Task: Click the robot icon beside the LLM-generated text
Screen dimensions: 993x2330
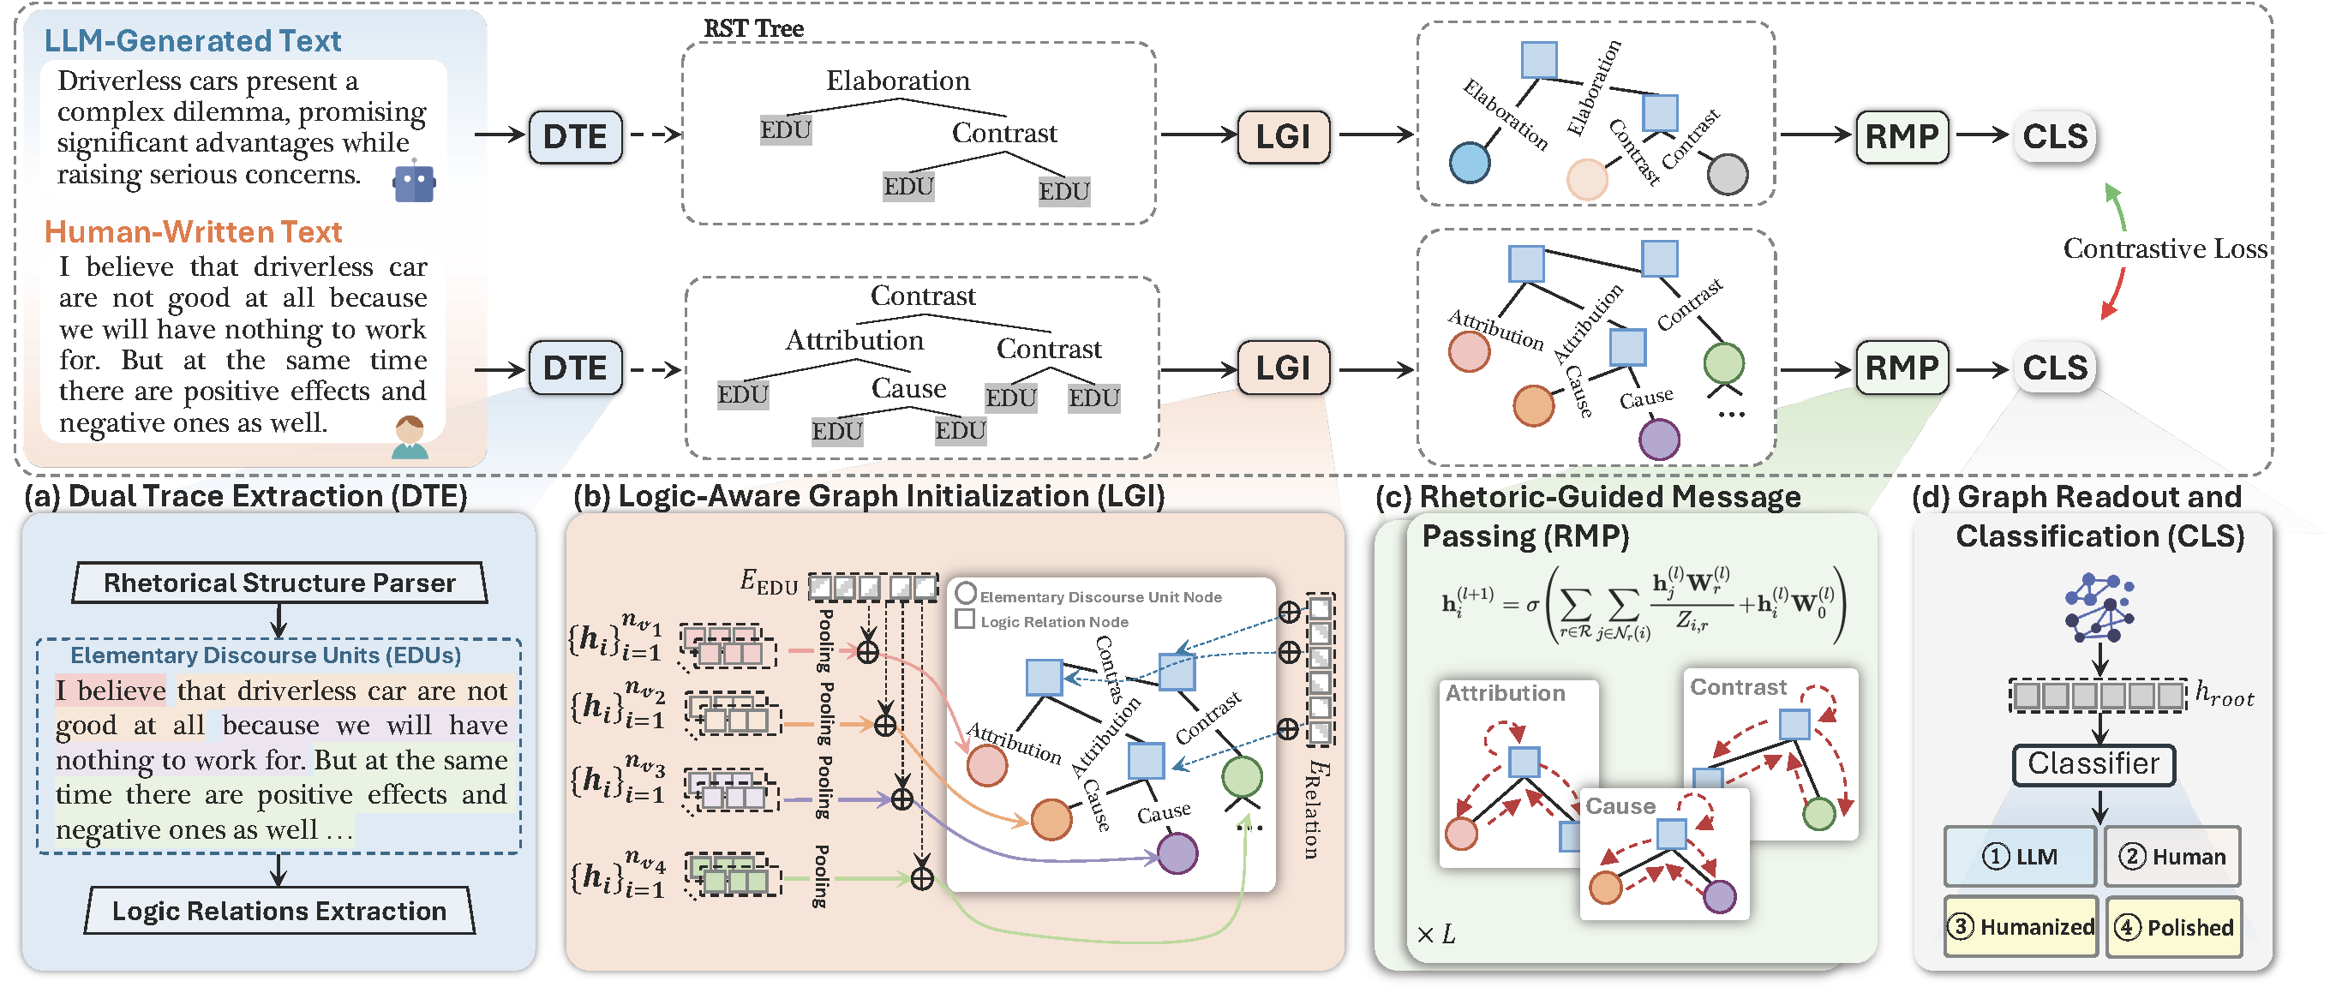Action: tap(414, 182)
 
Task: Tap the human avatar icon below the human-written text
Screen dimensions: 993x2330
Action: tap(410, 437)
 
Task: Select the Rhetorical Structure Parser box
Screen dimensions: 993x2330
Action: tap(279, 583)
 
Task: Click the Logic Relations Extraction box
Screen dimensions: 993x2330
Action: tap(279, 912)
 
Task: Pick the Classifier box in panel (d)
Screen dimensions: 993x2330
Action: tap(2093, 764)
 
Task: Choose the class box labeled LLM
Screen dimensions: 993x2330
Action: tap(2019, 857)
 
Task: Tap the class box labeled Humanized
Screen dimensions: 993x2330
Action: tap(2021, 927)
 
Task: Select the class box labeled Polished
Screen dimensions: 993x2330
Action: tap(2173, 927)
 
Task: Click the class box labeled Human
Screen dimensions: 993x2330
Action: tap(2171, 857)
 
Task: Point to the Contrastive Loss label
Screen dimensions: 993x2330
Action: tap(2165, 248)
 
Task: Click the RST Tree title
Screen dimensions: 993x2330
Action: tap(753, 29)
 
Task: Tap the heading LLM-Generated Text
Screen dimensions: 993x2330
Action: tap(193, 41)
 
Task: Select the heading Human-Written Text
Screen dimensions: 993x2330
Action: tap(194, 232)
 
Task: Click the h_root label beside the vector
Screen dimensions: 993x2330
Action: tap(2225, 695)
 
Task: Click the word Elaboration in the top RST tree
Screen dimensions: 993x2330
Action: tap(897, 81)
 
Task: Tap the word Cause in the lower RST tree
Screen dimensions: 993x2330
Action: tap(908, 389)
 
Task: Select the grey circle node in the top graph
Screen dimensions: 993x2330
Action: tap(1727, 175)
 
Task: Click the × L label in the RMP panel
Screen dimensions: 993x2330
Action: tap(1435, 934)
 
